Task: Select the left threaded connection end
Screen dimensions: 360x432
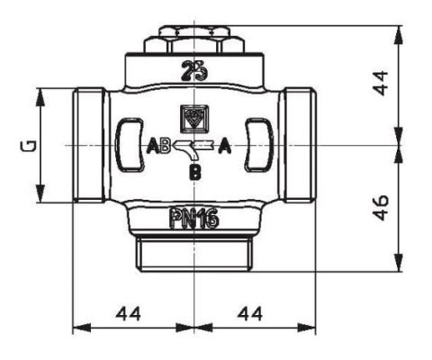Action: click(x=90, y=145)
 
